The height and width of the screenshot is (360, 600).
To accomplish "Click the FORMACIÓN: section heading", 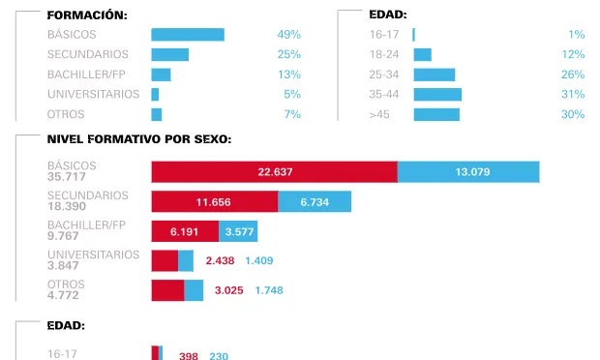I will pyautogui.click(x=87, y=15).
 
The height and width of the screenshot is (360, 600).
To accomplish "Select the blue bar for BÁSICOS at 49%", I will pyautogui.click(x=188, y=35).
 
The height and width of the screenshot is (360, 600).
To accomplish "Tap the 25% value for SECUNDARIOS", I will pyautogui.click(x=288, y=54).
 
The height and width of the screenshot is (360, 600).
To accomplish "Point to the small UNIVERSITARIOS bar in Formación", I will pyautogui.click(x=155, y=94).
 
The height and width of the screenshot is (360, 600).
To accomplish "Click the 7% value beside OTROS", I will pyautogui.click(x=291, y=114).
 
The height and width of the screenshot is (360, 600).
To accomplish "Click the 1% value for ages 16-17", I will pyautogui.click(x=576, y=35).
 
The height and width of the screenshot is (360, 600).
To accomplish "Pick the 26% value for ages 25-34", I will pyautogui.click(x=573, y=75).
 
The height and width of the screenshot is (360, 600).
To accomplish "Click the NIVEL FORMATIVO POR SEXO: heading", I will pyautogui.click(x=138, y=139).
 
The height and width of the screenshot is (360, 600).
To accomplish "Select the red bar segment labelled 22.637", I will pyautogui.click(x=275, y=171).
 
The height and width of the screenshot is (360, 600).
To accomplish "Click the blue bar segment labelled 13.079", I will pyautogui.click(x=468, y=171).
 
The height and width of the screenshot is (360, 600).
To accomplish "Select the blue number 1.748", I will pyautogui.click(x=269, y=290).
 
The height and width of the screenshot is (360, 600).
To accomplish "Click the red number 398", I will pyautogui.click(x=189, y=356).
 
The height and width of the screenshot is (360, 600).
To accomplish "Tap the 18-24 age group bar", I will pyautogui.click(x=423, y=54).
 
